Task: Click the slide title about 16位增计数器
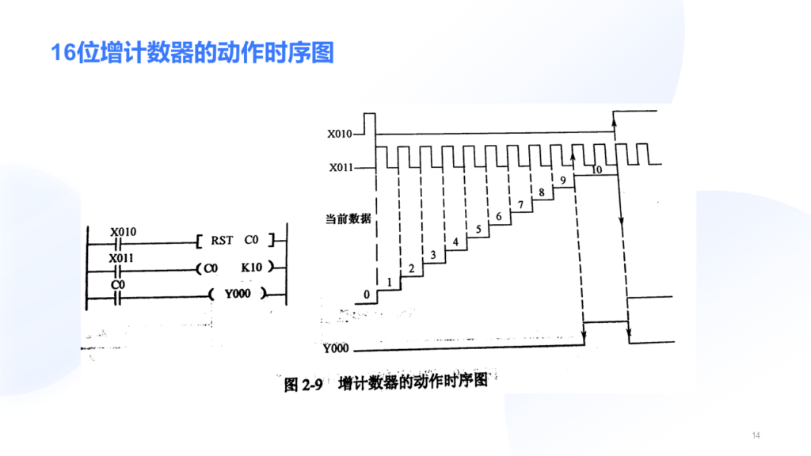(192, 53)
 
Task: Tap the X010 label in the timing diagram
(339, 134)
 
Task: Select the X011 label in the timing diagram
(341, 168)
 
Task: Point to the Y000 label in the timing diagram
(336, 348)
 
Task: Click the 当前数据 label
(348, 218)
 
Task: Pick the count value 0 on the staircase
(367, 294)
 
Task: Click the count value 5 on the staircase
(478, 229)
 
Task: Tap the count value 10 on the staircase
(596, 169)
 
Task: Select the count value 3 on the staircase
(433, 255)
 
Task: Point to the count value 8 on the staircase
(542, 192)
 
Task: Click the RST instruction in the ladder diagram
(222, 241)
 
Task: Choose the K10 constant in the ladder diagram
(251, 268)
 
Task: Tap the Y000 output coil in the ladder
(238, 294)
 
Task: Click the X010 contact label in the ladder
(123, 232)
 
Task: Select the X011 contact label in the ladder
(121, 258)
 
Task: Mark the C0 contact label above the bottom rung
(118, 285)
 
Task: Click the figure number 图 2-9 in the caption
(303, 385)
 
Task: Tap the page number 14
(756, 435)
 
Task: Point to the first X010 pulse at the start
(370, 123)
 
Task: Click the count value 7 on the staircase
(521, 205)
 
